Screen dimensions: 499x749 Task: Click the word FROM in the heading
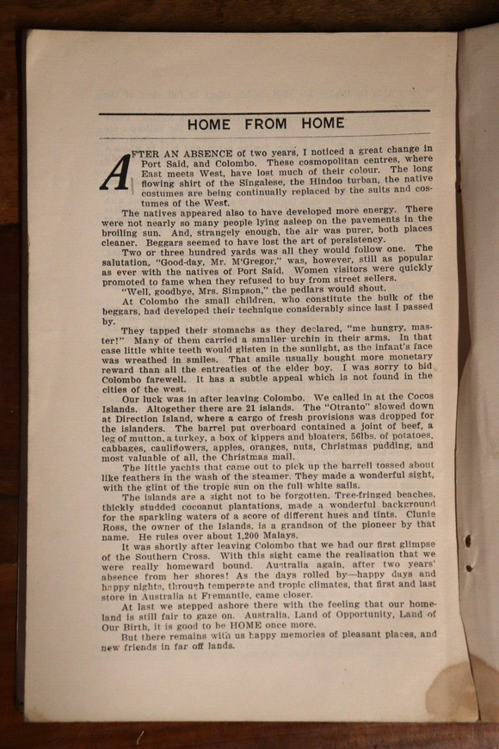[x=266, y=124]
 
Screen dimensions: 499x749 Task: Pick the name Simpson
[x=223, y=289]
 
